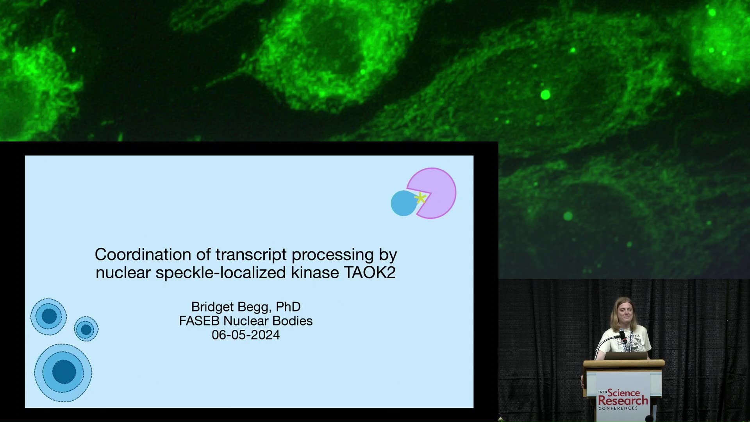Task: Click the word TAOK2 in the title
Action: coord(370,272)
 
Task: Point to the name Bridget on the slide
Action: coord(212,307)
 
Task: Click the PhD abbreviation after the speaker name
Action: coord(288,307)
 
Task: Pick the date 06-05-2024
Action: coord(246,335)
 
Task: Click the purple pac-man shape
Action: coord(434,193)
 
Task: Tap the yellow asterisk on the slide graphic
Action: coord(420,198)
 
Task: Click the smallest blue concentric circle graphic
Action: coord(86,329)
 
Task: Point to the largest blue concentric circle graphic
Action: coord(63,372)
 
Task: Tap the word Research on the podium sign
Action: coord(623,401)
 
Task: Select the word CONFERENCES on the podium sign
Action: coord(618,408)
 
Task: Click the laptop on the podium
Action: coord(626,356)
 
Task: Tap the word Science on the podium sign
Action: coord(624,392)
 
